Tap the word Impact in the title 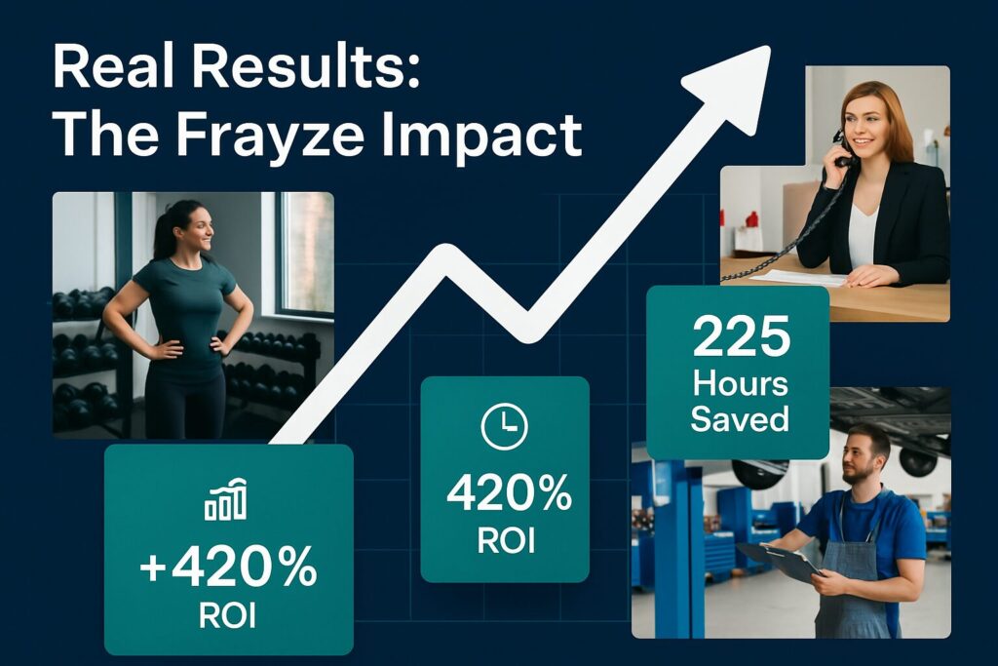click(x=481, y=137)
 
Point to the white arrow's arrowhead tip click(x=770, y=47)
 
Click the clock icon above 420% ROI click(x=504, y=426)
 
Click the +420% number click(x=228, y=566)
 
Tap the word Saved click(x=740, y=419)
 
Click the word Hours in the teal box click(x=741, y=384)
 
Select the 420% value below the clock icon click(x=509, y=494)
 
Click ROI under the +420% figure click(x=227, y=615)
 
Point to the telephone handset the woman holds click(x=841, y=149)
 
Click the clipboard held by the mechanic click(x=780, y=561)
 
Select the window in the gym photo click(x=307, y=254)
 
